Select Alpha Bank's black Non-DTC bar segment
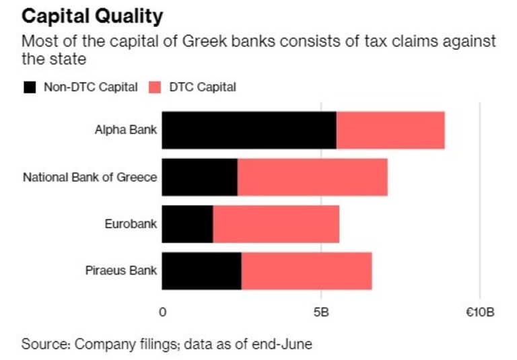click(x=249, y=130)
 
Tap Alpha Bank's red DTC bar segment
click(x=390, y=130)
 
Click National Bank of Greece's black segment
click(x=199, y=177)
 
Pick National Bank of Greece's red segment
click(x=312, y=177)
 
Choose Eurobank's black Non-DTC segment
click(x=187, y=224)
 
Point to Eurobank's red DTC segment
click(x=276, y=224)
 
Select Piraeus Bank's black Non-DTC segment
click(x=201, y=271)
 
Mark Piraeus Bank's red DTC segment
click(x=306, y=271)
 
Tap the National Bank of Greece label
click(x=90, y=178)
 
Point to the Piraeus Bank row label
click(x=120, y=271)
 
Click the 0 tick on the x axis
click(x=162, y=313)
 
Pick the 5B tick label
click(x=320, y=313)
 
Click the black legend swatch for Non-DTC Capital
click(x=30, y=87)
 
